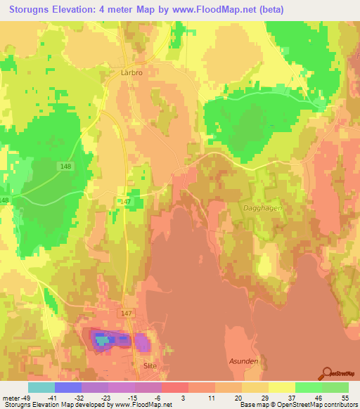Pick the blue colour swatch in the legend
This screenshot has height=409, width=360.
coord(68,387)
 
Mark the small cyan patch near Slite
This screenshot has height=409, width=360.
coord(103,339)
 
